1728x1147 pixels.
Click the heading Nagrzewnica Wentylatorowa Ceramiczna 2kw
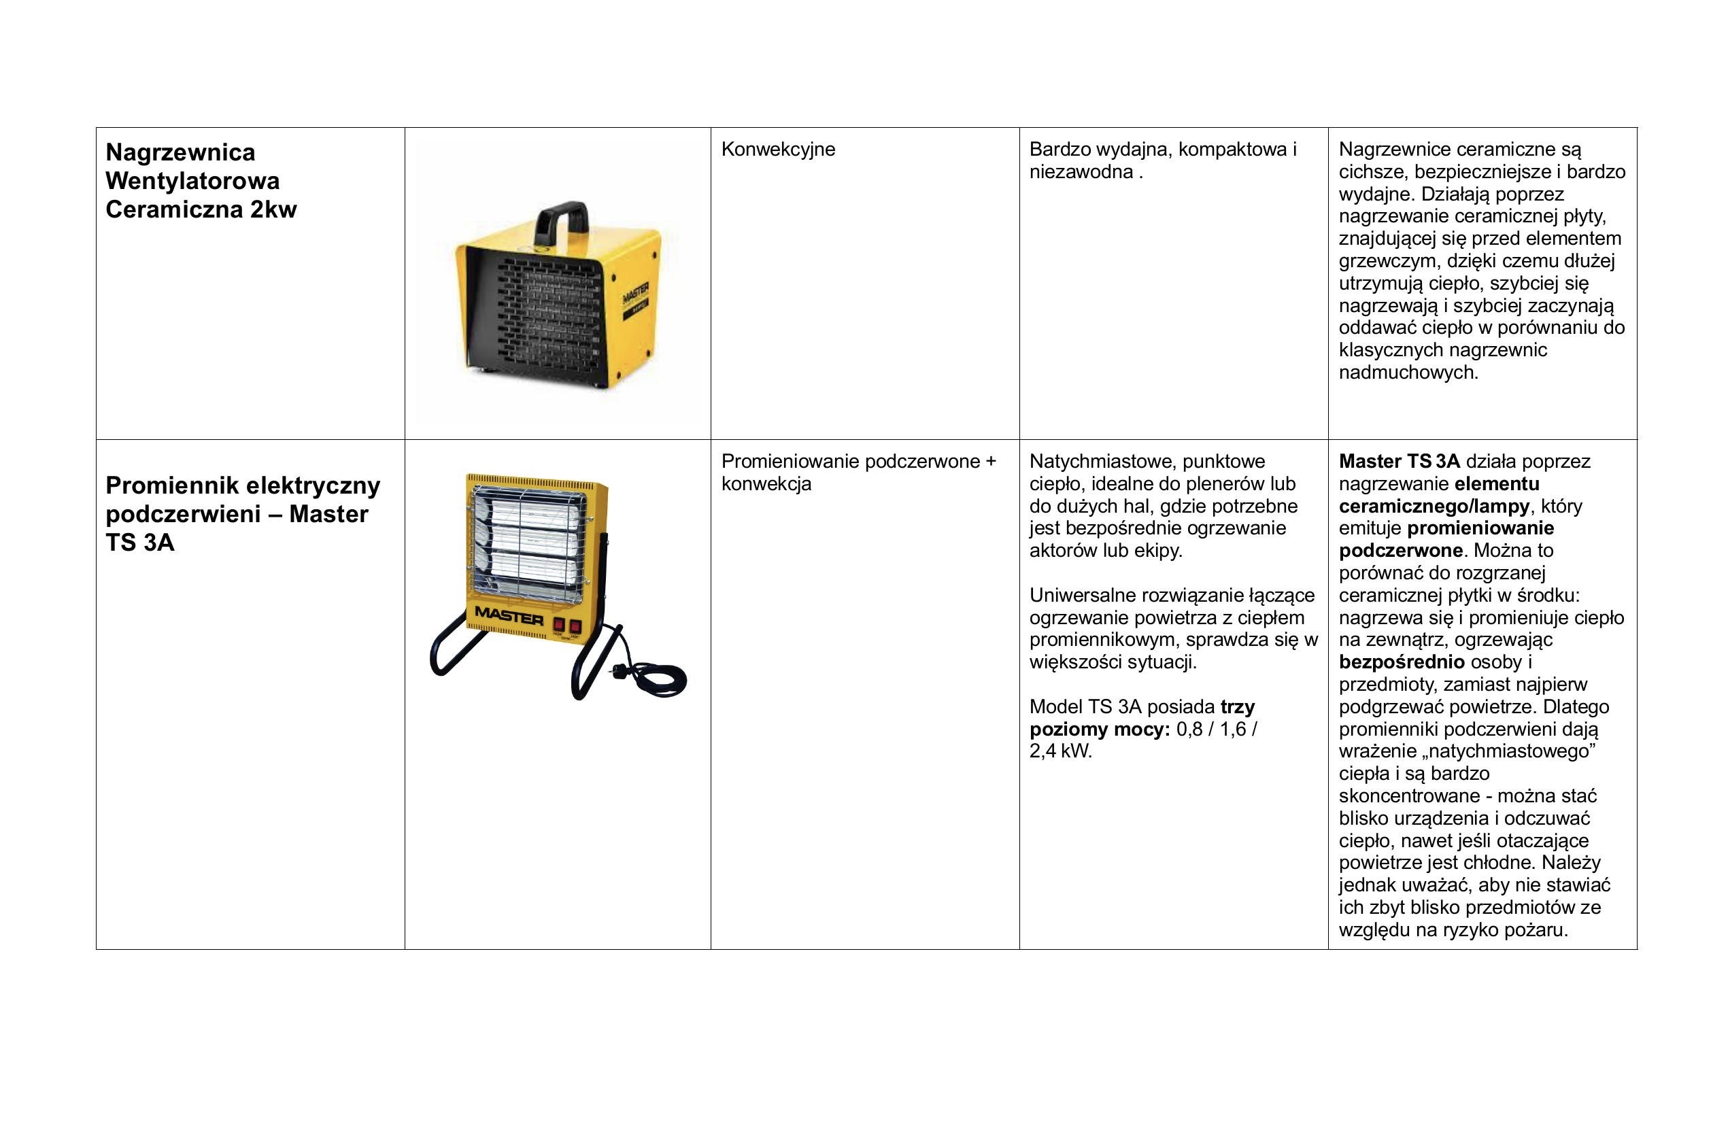[x=201, y=181]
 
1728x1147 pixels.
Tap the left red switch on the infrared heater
[x=560, y=626]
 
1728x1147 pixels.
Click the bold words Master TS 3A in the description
[x=1399, y=462]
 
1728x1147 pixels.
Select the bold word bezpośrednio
[x=1401, y=662]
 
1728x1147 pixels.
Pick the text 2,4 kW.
[x=1060, y=752]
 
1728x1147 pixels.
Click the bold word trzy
[x=1238, y=707]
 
